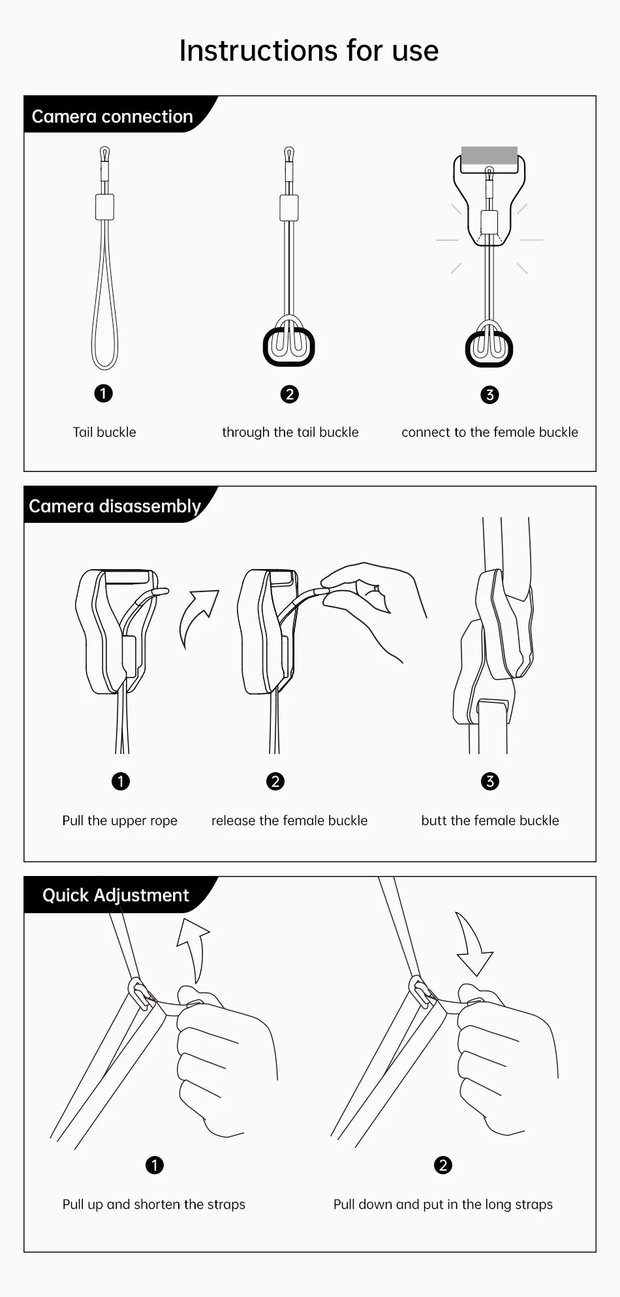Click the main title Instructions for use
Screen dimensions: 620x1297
point(309,50)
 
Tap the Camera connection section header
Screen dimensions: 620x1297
point(112,116)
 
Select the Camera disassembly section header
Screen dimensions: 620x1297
point(115,506)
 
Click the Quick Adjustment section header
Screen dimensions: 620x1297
point(116,895)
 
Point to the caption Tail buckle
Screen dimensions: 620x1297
point(104,432)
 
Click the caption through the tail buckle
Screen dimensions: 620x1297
point(290,432)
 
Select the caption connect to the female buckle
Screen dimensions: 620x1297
point(489,432)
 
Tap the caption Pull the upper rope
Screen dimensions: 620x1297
point(120,820)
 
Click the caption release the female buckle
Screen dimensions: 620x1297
point(289,820)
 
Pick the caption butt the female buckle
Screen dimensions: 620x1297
point(490,820)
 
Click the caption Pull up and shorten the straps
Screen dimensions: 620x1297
point(154,1204)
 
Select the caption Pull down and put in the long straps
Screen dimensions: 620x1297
point(443,1204)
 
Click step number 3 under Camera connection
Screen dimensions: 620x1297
point(489,394)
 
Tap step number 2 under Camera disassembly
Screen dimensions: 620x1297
point(275,781)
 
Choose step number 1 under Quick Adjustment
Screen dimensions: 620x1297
point(155,1165)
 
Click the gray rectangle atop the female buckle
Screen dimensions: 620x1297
point(489,155)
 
